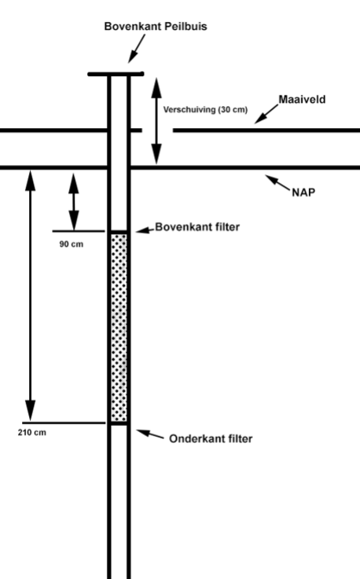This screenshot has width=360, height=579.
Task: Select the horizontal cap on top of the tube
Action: click(116, 75)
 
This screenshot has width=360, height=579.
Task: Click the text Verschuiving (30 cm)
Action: click(205, 111)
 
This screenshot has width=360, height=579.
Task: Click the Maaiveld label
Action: click(301, 101)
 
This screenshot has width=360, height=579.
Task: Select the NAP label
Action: click(303, 192)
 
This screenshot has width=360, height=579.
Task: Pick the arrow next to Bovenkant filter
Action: click(143, 229)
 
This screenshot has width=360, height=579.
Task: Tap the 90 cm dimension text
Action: click(72, 244)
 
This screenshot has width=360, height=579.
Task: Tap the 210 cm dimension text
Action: click(31, 433)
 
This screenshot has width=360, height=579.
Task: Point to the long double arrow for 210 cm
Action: click(30, 295)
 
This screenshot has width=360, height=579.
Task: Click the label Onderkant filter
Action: click(211, 438)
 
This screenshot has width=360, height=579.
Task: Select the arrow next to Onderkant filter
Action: click(150, 434)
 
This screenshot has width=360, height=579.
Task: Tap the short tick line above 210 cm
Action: click(64, 423)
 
